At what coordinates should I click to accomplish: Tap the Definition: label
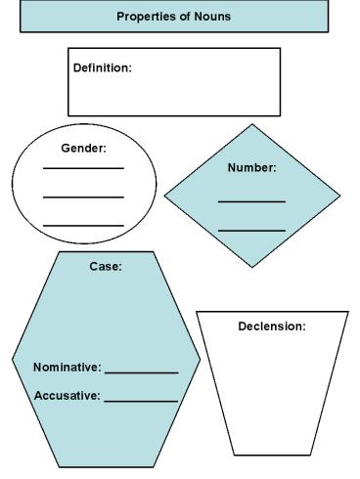(x=102, y=67)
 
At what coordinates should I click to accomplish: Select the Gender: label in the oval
(x=83, y=149)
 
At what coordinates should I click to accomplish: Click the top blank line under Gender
(x=83, y=168)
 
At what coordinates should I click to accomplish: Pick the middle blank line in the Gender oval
(x=83, y=196)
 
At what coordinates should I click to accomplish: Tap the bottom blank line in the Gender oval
(x=83, y=226)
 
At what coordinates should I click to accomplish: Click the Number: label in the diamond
(x=251, y=167)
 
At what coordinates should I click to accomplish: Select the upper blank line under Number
(x=251, y=201)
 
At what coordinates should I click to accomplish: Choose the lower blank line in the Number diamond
(x=251, y=231)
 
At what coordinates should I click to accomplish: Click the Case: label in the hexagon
(x=106, y=265)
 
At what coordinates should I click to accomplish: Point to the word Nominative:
(x=67, y=368)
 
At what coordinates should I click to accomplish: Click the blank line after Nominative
(x=141, y=372)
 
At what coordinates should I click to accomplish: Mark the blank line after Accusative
(x=141, y=401)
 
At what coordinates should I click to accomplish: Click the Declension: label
(x=272, y=326)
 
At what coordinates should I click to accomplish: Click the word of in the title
(x=182, y=17)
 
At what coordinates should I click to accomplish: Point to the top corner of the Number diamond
(x=252, y=124)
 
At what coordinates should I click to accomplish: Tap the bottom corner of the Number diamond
(x=252, y=267)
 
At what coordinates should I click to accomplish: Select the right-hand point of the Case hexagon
(x=200, y=359)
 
